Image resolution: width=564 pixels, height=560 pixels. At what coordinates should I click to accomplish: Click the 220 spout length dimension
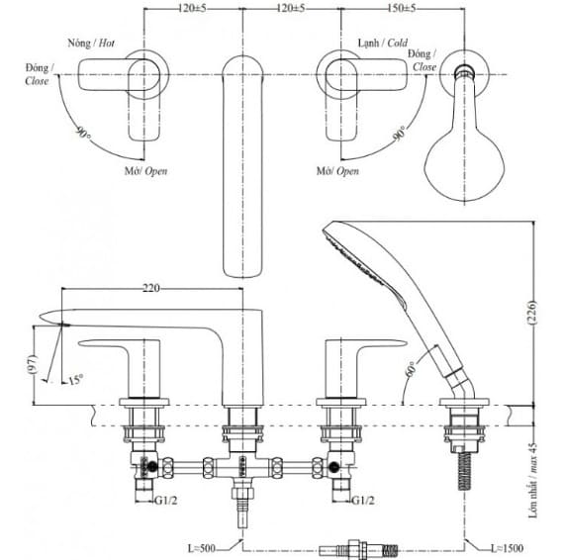tap(151, 288)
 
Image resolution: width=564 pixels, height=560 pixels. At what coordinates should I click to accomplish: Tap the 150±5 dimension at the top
tap(401, 8)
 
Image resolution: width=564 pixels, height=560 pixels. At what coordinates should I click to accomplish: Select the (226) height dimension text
tap(532, 313)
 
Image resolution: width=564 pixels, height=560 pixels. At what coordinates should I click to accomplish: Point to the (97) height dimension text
tap(33, 364)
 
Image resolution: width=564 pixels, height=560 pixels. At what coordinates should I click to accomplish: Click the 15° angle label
tap(75, 380)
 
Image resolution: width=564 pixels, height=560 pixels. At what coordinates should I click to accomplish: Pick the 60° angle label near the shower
tap(411, 369)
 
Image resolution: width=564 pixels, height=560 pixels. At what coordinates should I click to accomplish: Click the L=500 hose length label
tap(202, 548)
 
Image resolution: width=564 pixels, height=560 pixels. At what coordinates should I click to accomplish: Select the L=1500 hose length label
tap(508, 548)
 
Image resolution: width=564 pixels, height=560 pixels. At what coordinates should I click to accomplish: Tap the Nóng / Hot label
tap(91, 44)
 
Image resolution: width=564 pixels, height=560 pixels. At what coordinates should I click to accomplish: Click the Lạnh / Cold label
tap(383, 43)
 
